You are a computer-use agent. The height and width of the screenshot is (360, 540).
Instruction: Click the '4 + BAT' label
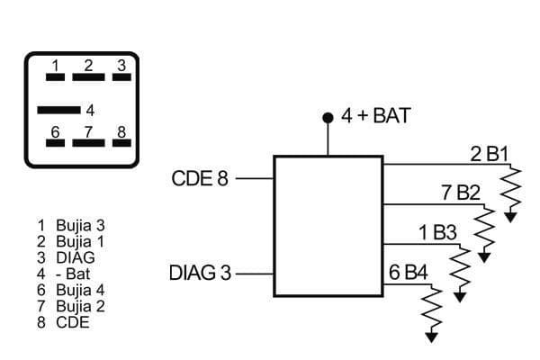(x=375, y=116)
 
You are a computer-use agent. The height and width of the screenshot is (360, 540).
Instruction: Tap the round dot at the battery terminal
(x=328, y=118)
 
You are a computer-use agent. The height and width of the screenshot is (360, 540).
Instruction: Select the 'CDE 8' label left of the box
(x=200, y=178)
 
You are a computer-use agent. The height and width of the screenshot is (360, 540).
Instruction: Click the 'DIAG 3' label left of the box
(x=200, y=272)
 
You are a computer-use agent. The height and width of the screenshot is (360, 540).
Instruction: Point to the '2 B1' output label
(x=490, y=153)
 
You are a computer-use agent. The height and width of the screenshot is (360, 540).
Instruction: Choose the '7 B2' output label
(x=461, y=193)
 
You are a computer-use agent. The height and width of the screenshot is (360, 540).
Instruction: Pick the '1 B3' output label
(x=437, y=232)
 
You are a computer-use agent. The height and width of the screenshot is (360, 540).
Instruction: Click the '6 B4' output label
(x=409, y=272)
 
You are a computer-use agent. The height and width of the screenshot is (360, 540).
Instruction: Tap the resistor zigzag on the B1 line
(x=511, y=188)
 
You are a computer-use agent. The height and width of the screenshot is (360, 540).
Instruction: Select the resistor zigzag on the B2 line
(x=485, y=229)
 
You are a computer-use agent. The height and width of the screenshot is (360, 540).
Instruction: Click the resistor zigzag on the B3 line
(x=460, y=267)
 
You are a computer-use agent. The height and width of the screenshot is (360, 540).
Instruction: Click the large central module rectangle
(x=328, y=226)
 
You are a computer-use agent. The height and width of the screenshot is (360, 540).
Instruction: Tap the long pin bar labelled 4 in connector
(x=58, y=110)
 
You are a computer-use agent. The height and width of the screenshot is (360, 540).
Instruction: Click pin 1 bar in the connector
(x=55, y=77)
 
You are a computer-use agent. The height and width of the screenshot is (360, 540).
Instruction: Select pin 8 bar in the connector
(x=120, y=144)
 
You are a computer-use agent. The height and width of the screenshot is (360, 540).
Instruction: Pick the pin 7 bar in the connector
(x=88, y=144)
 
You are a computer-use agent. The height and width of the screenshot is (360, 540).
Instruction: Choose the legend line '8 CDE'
(x=63, y=321)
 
